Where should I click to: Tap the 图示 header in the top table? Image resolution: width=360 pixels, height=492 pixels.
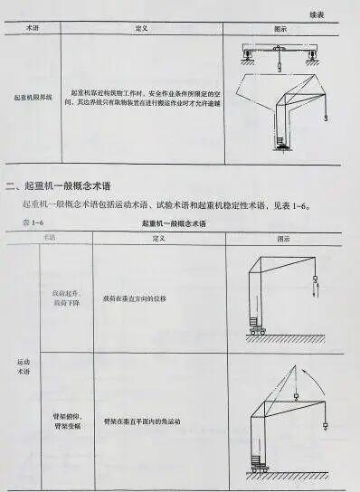pyautogui.click(x=280, y=29)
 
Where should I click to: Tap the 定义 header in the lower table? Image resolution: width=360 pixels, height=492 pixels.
pyautogui.click(x=157, y=237)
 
